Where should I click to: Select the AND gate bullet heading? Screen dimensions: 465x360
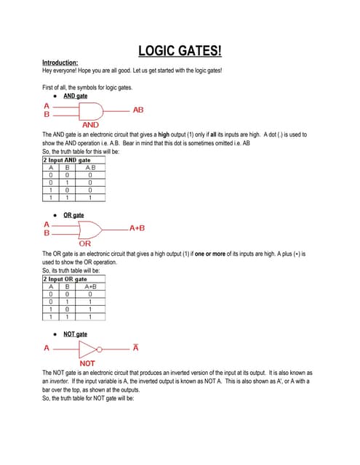point(75,96)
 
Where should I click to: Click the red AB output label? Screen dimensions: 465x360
point(138,110)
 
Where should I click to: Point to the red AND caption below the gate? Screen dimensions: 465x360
point(90,125)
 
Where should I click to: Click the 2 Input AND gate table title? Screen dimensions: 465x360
point(71,160)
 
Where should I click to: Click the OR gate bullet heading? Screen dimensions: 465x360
point(73,216)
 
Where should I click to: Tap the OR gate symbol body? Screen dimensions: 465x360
point(90,229)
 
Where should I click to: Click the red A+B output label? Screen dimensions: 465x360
point(137,228)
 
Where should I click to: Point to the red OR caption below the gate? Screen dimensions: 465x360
point(85,244)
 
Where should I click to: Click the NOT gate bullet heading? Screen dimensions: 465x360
point(75,333)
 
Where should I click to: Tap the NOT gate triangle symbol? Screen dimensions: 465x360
point(86,348)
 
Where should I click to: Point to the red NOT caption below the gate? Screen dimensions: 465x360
point(87,363)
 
